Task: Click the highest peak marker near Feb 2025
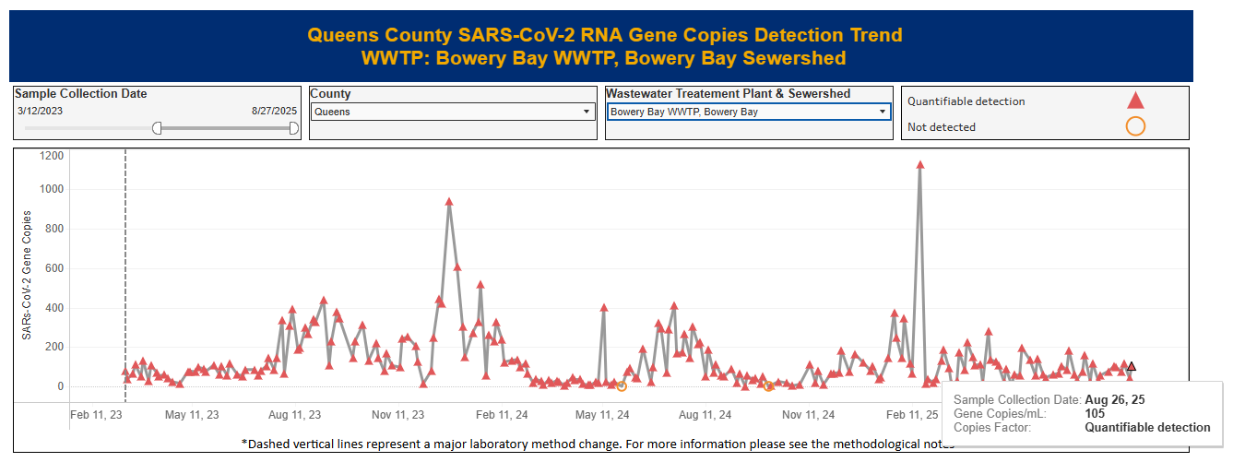pyautogui.click(x=919, y=165)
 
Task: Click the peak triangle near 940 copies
pyautogui.click(x=449, y=202)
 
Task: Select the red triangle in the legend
pyautogui.click(x=1136, y=101)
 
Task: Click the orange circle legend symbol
pyautogui.click(x=1136, y=127)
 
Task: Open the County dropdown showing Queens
pyautogui.click(x=452, y=113)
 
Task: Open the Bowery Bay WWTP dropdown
pyautogui.click(x=748, y=113)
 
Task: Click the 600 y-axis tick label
pyautogui.click(x=53, y=269)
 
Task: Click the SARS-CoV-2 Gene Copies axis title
pyautogui.click(x=27, y=275)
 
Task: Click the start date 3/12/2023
pyautogui.click(x=40, y=111)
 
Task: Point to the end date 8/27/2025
pyautogui.click(x=274, y=111)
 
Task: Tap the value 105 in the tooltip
pyautogui.click(x=1095, y=414)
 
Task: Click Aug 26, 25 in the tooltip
pyautogui.click(x=1115, y=400)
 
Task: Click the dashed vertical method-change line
pyautogui.click(x=125, y=277)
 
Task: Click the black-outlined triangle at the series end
pyautogui.click(x=1132, y=367)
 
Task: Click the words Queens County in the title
pyautogui.click(x=379, y=36)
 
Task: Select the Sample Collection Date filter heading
pyautogui.click(x=81, y=94)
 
